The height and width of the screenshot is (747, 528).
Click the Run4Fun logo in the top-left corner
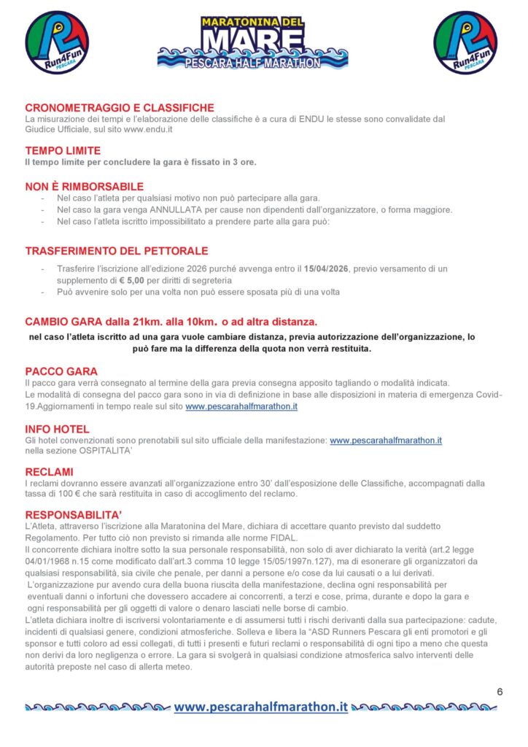[57, 42]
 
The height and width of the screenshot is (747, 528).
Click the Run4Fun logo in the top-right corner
[465, 42]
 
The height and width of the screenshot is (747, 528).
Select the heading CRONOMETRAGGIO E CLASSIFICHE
[120, 108]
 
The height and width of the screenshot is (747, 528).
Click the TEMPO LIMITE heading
[63, 150]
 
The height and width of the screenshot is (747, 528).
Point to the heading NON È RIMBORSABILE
[84, 186]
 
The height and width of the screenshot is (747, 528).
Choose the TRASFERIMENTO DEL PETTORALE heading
[117, 251]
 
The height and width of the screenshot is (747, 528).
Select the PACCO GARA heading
[61, 371]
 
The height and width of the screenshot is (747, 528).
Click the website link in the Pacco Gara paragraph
[241, 406]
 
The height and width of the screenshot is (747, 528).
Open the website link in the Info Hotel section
[386, 441]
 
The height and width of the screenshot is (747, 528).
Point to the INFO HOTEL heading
[57, 429]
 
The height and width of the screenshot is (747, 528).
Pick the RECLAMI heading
[49, 472]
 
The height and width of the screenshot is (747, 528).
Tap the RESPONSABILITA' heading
[76, 514]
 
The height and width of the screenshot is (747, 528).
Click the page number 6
[500, 692]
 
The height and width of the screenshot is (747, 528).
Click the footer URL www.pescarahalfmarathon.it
[260, 706]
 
